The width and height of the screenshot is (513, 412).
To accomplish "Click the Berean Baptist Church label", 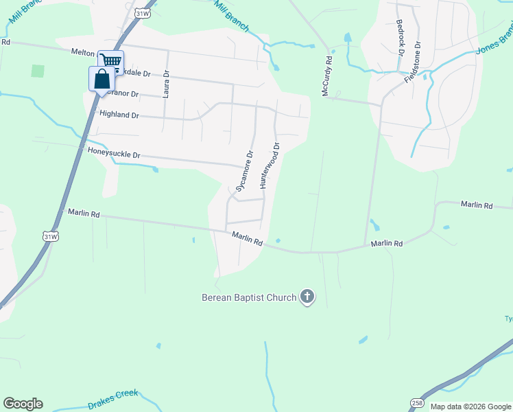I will pos(248,297).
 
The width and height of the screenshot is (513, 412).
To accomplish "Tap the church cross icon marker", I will pos(307,297).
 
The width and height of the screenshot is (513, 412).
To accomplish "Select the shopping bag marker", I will pos(102,78).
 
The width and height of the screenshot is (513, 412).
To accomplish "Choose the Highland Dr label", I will pos(119,115).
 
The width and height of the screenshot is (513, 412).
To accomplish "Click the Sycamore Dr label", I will pos(245,171).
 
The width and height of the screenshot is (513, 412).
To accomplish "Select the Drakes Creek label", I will pos(113,400).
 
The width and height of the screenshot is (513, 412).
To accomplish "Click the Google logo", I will pos(23,404).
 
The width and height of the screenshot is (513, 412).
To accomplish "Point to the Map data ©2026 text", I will pos(470,407).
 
